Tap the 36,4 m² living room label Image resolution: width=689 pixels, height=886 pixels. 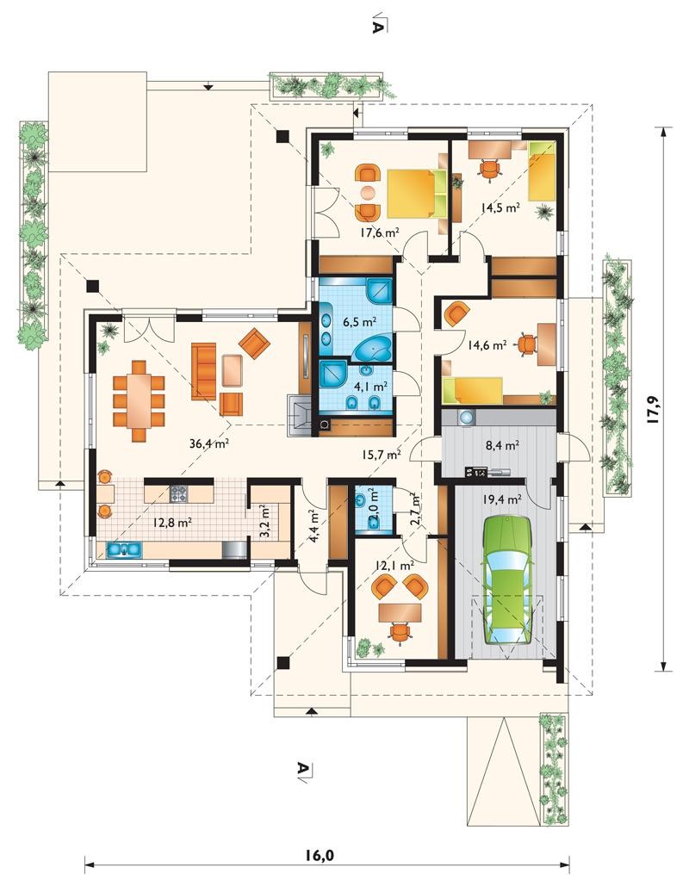(208, 444)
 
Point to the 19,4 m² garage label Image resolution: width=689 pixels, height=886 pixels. (502, 499)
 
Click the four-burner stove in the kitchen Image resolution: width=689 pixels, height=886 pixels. (178, 494)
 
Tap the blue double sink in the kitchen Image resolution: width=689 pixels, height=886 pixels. (123, 548)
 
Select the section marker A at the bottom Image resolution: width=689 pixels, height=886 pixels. (304, 769)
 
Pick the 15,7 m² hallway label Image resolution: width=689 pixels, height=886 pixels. (382, 453)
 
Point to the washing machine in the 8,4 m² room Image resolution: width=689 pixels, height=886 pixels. (466, 418)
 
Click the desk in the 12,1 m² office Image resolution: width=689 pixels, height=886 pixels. (400, 610)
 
